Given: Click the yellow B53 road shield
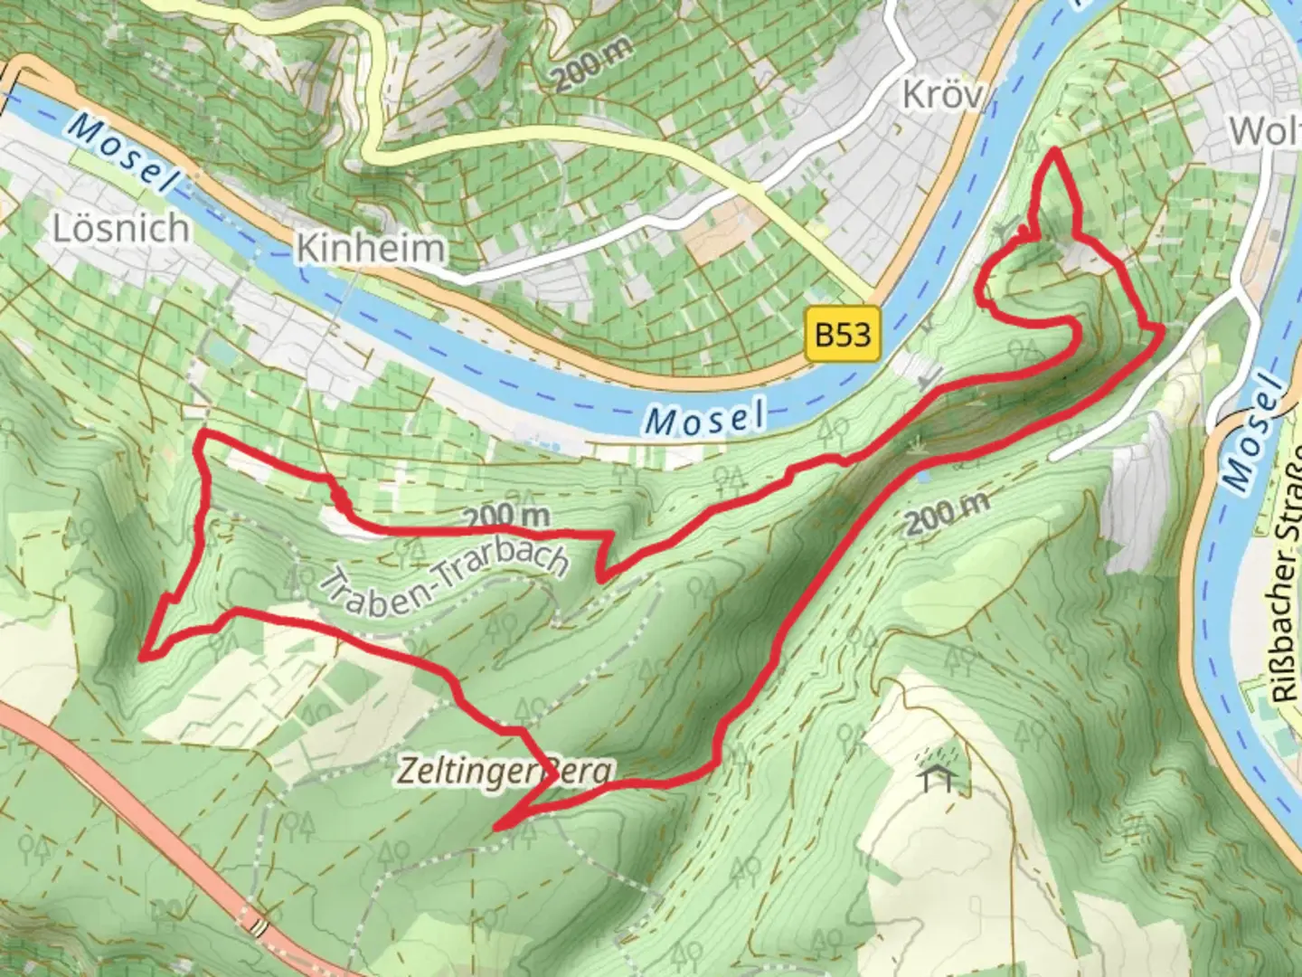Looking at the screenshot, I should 843,335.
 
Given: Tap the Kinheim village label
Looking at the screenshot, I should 372,248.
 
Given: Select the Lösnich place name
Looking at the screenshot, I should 121,228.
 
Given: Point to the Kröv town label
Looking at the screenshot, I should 942,94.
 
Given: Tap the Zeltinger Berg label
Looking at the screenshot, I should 505,772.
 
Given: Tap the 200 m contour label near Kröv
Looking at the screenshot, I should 592,64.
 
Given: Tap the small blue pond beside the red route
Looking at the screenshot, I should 920,473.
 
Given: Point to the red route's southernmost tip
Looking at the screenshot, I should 496,827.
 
